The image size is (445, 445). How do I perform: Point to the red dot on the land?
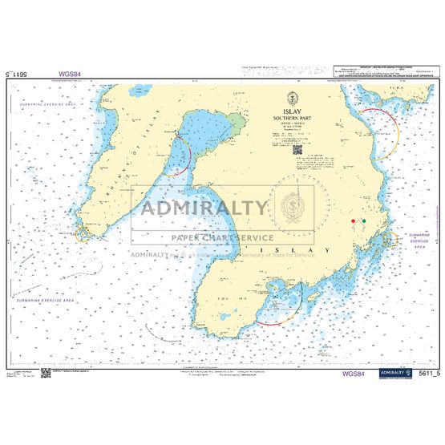[x=352, y=220]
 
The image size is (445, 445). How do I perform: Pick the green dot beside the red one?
[x=362, y=220]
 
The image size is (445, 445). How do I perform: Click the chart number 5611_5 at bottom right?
[x=429, y=374]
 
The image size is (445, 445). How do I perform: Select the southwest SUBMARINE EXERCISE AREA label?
[x=47, y=299]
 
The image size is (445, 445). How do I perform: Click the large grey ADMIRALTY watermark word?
[x=205, y=208]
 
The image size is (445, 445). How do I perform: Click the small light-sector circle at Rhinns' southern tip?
[x=84, y=234]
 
